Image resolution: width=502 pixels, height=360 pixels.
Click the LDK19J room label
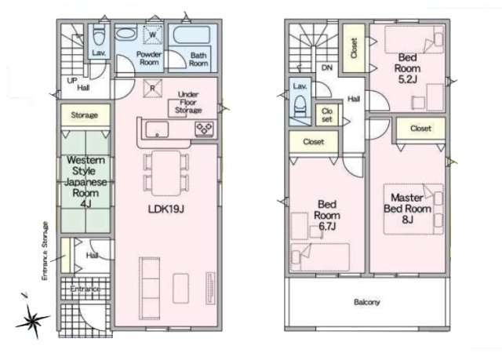166,209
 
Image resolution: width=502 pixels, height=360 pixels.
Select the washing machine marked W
153,35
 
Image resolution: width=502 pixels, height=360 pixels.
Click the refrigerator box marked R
152,88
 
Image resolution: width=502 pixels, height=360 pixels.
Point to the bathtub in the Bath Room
191,35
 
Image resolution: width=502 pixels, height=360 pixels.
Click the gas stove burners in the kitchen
205,129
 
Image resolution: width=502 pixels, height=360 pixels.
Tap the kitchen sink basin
157,130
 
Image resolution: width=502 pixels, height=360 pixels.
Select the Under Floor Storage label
188,103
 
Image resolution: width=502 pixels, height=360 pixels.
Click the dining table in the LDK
166,173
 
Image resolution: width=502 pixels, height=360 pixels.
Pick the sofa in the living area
149,289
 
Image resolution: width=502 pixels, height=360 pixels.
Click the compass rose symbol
32,321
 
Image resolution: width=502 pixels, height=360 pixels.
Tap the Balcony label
367,302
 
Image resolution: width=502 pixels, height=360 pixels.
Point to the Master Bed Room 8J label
407,209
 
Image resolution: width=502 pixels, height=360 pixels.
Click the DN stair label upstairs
327,67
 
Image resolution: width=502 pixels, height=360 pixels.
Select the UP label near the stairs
72,81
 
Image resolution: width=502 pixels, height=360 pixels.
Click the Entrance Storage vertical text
45,251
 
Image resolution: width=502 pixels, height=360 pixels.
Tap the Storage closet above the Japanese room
85,115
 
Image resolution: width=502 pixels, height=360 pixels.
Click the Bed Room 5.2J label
407,68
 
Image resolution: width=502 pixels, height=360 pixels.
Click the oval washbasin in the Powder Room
125,33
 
